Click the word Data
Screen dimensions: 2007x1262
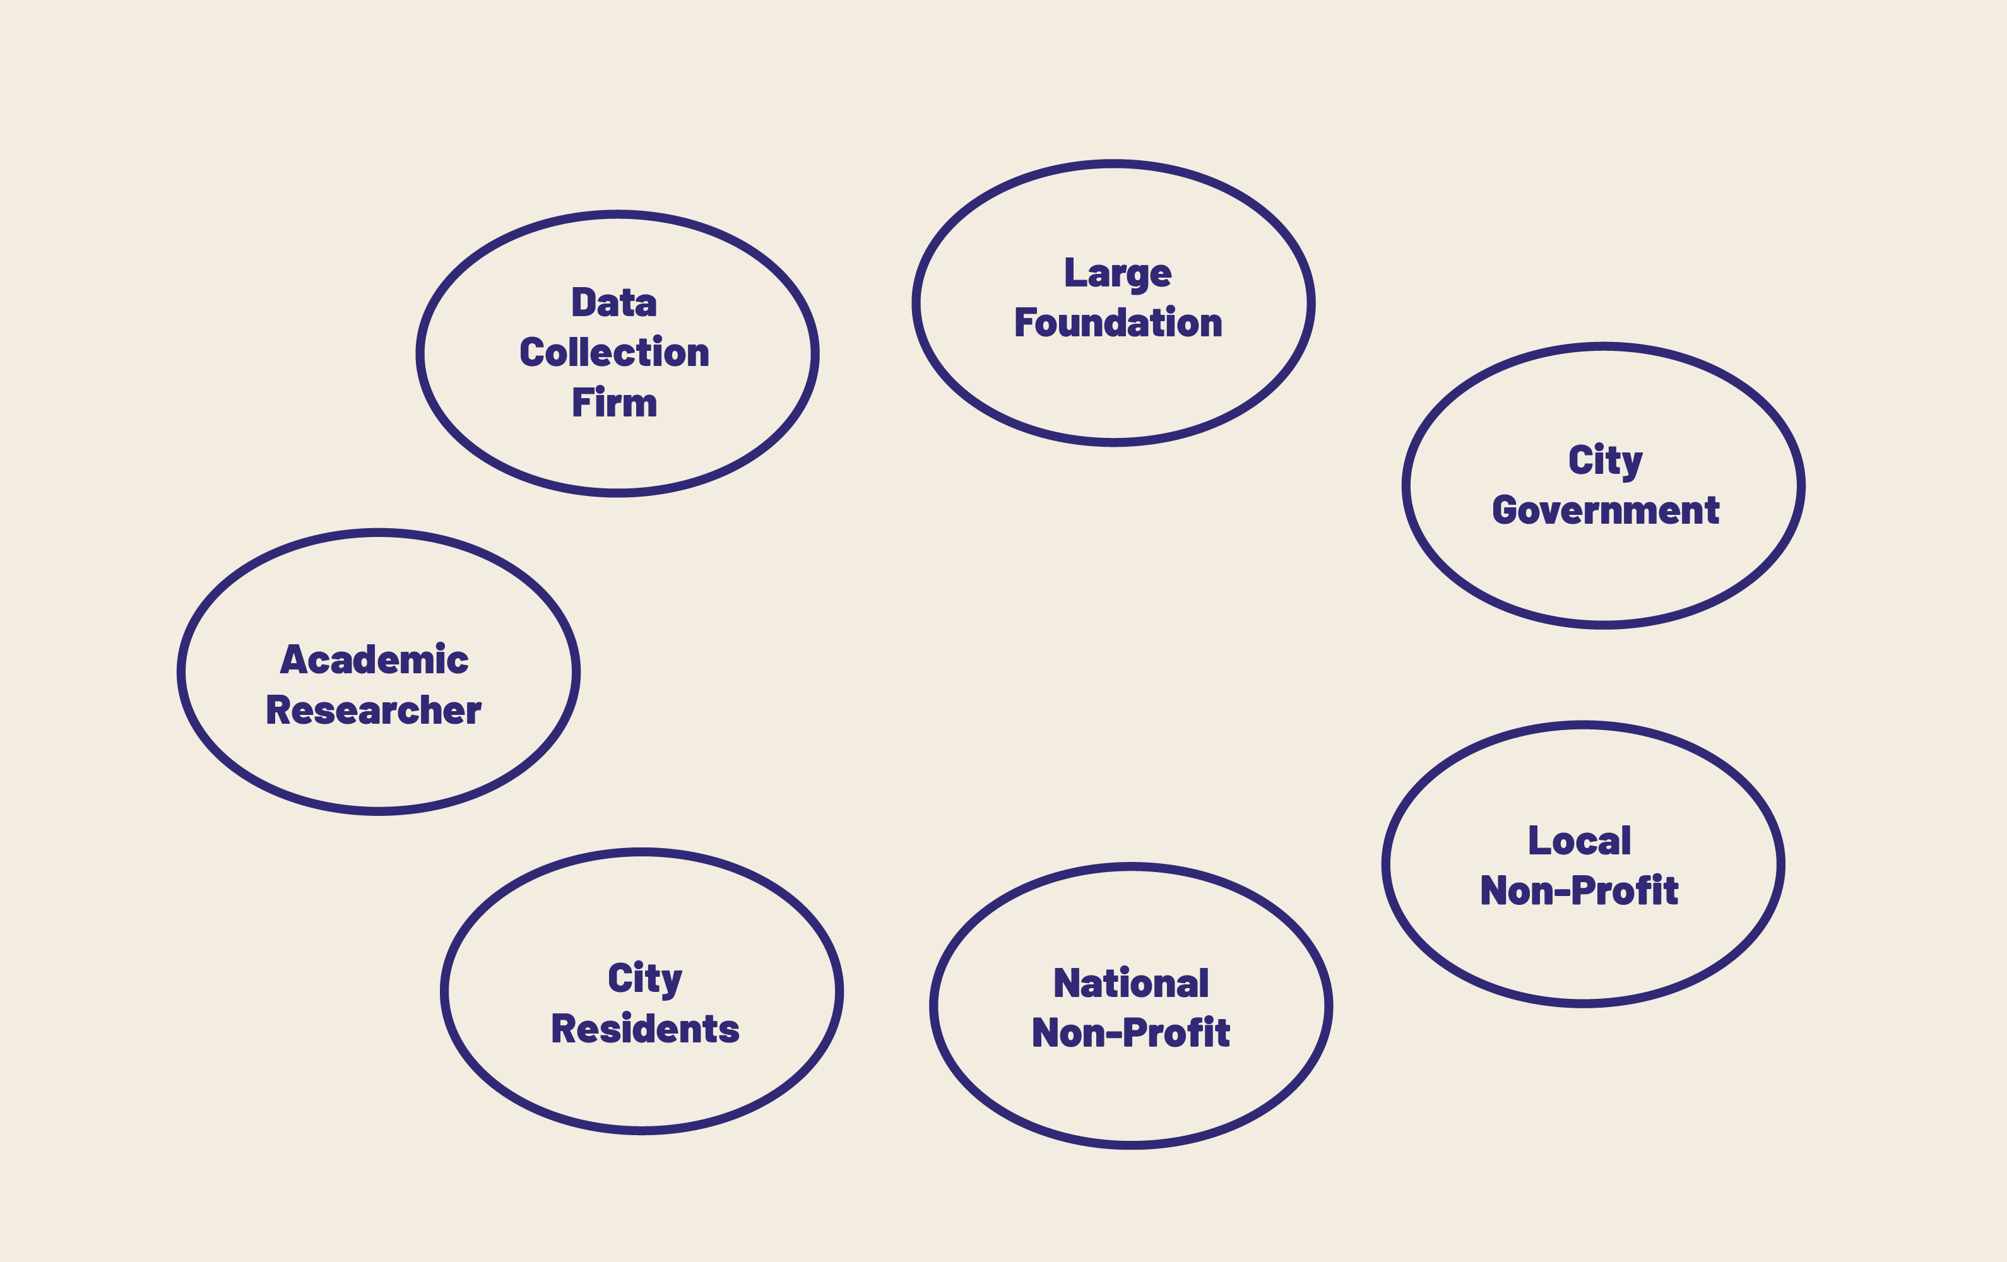click(614, 303)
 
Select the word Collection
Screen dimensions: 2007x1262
click(614, 353)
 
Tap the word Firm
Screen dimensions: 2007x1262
click(614, 403)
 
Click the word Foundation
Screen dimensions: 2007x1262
click(1118, 322)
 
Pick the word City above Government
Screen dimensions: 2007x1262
click(1605, 461)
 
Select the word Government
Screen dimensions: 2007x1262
click(1605, 510)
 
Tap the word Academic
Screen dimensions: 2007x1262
click(374, 660)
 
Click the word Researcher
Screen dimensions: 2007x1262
click(374, 710)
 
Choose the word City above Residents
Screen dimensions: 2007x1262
click(645, 979)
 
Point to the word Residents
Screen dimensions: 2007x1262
click(645, 1029)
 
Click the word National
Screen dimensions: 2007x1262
click(1131, 984)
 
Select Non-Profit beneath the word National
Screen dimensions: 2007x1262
click(1131, 1033)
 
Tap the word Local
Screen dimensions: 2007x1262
click(1580, 841)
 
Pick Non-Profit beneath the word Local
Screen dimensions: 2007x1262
click(1580, 890)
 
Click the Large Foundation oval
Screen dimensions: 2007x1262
click(1113, 164)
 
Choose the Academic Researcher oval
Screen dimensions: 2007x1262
click(379, 533)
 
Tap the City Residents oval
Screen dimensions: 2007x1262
click(642, 852)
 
